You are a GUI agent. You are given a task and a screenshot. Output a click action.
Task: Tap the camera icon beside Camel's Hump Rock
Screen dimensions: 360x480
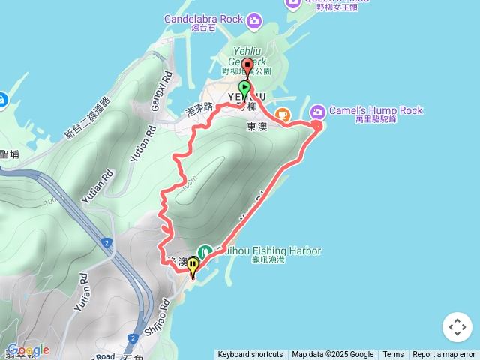click(318, 111)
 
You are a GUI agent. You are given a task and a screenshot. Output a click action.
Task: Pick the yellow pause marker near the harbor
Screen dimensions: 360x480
click(193, 265)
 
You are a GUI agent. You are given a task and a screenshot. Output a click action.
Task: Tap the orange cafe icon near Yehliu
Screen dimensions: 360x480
click(282, 115)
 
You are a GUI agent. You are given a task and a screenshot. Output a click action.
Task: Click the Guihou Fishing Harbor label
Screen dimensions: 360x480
click(268, 250)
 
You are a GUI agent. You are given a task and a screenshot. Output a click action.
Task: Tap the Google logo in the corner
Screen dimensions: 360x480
click(27, 349)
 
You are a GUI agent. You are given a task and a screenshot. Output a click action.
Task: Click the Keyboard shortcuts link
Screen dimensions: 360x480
click(250, 355)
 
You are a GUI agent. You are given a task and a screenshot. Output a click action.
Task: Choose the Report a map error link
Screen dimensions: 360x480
click(444, 355)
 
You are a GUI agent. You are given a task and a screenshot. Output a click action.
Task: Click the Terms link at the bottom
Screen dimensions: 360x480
click(393, 355)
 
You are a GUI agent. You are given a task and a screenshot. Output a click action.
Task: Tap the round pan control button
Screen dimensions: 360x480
click(457, 327)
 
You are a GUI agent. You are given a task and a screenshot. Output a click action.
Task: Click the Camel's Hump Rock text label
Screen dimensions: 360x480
click(375, 111)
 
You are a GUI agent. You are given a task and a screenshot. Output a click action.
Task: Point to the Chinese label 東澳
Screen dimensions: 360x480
click(256, 127)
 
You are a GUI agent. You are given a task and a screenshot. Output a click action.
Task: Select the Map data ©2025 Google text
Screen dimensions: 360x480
click(332, 355)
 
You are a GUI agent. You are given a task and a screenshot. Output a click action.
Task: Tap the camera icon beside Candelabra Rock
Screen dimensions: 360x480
click(254, 18)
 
